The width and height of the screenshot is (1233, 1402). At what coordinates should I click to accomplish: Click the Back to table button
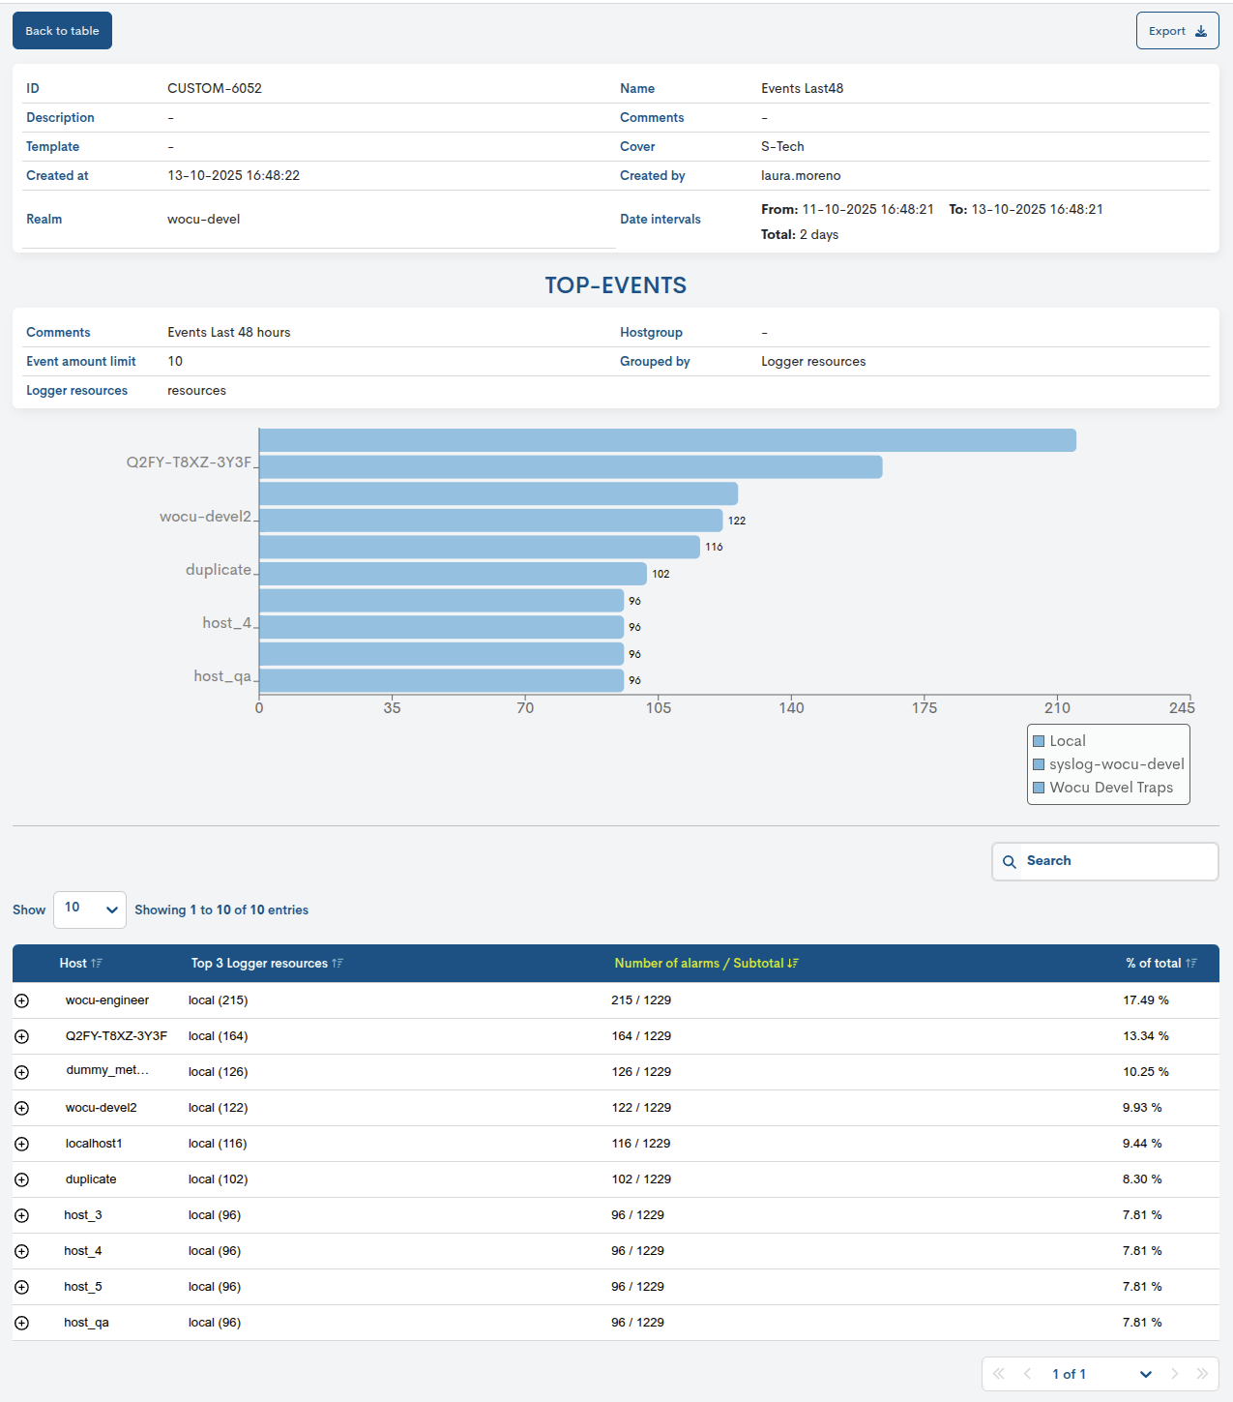pyautogui.click(x=62, y=31)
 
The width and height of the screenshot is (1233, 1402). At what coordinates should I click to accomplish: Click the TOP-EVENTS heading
pyautogui.click(x=615, y=285)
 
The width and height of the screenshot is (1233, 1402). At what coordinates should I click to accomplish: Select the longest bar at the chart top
pyautogui.click(x=667, y=440)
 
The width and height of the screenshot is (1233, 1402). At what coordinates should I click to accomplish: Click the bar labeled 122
pyautogui.click(x=490, y=521)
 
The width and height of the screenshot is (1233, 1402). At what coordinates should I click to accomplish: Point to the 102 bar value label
pyautogui.click(x=661, y=574)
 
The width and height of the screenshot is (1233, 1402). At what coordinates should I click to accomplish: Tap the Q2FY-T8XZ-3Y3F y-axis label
pyautogui.click(x=189, y=462)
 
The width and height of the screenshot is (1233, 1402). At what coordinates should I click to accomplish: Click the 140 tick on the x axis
pyautogui.click(x=791, y=708)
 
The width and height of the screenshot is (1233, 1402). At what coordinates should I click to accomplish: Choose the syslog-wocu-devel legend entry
pyautogui.click(x=1116, y=764)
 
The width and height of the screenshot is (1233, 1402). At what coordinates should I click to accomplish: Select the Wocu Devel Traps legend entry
pyautogui.click(x=1110, y=788)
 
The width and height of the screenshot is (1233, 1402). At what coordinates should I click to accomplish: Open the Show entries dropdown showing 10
pyautogui.click(x=90, y=910)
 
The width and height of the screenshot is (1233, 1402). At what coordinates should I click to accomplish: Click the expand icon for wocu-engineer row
pyautogui.click(x=22, y=1001)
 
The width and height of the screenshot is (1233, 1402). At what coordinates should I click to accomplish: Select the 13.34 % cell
pyautogui.click(x=1145, y=1036)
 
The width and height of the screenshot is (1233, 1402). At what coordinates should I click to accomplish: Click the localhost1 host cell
pyautogui.click(x=94, y=1144)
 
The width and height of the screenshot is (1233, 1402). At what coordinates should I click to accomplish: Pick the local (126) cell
pyautogui.click(x=218, y=1072)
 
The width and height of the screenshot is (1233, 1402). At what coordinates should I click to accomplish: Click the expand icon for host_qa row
pyautogui.click(x=22, y=1324)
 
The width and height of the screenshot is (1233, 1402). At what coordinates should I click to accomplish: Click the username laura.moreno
pyautogui.click(x=801, y=176)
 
